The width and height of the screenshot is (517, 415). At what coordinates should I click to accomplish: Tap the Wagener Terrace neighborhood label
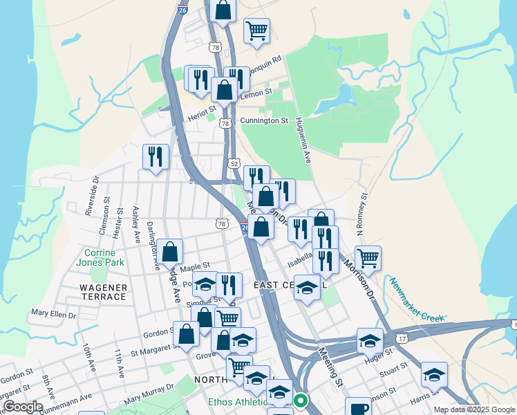(102, 292)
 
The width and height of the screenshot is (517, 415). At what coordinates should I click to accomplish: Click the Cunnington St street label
(264, 120)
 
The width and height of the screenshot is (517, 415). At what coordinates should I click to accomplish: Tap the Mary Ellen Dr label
(53, 313)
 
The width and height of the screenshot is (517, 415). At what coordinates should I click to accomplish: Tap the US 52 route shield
(235, 164)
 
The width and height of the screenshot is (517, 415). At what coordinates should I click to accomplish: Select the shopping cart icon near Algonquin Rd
(256, 30)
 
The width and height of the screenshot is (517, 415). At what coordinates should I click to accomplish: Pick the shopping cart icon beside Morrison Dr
(368, 258)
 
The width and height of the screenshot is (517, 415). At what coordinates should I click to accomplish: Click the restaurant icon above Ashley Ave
(156, 156)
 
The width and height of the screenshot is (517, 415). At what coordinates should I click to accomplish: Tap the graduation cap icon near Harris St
(434, 375)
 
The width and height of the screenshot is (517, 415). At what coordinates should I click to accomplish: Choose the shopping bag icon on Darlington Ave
(169, 252)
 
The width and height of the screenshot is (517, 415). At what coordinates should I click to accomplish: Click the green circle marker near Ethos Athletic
(301, 400)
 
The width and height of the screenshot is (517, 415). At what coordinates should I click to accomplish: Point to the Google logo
(23, 407)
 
